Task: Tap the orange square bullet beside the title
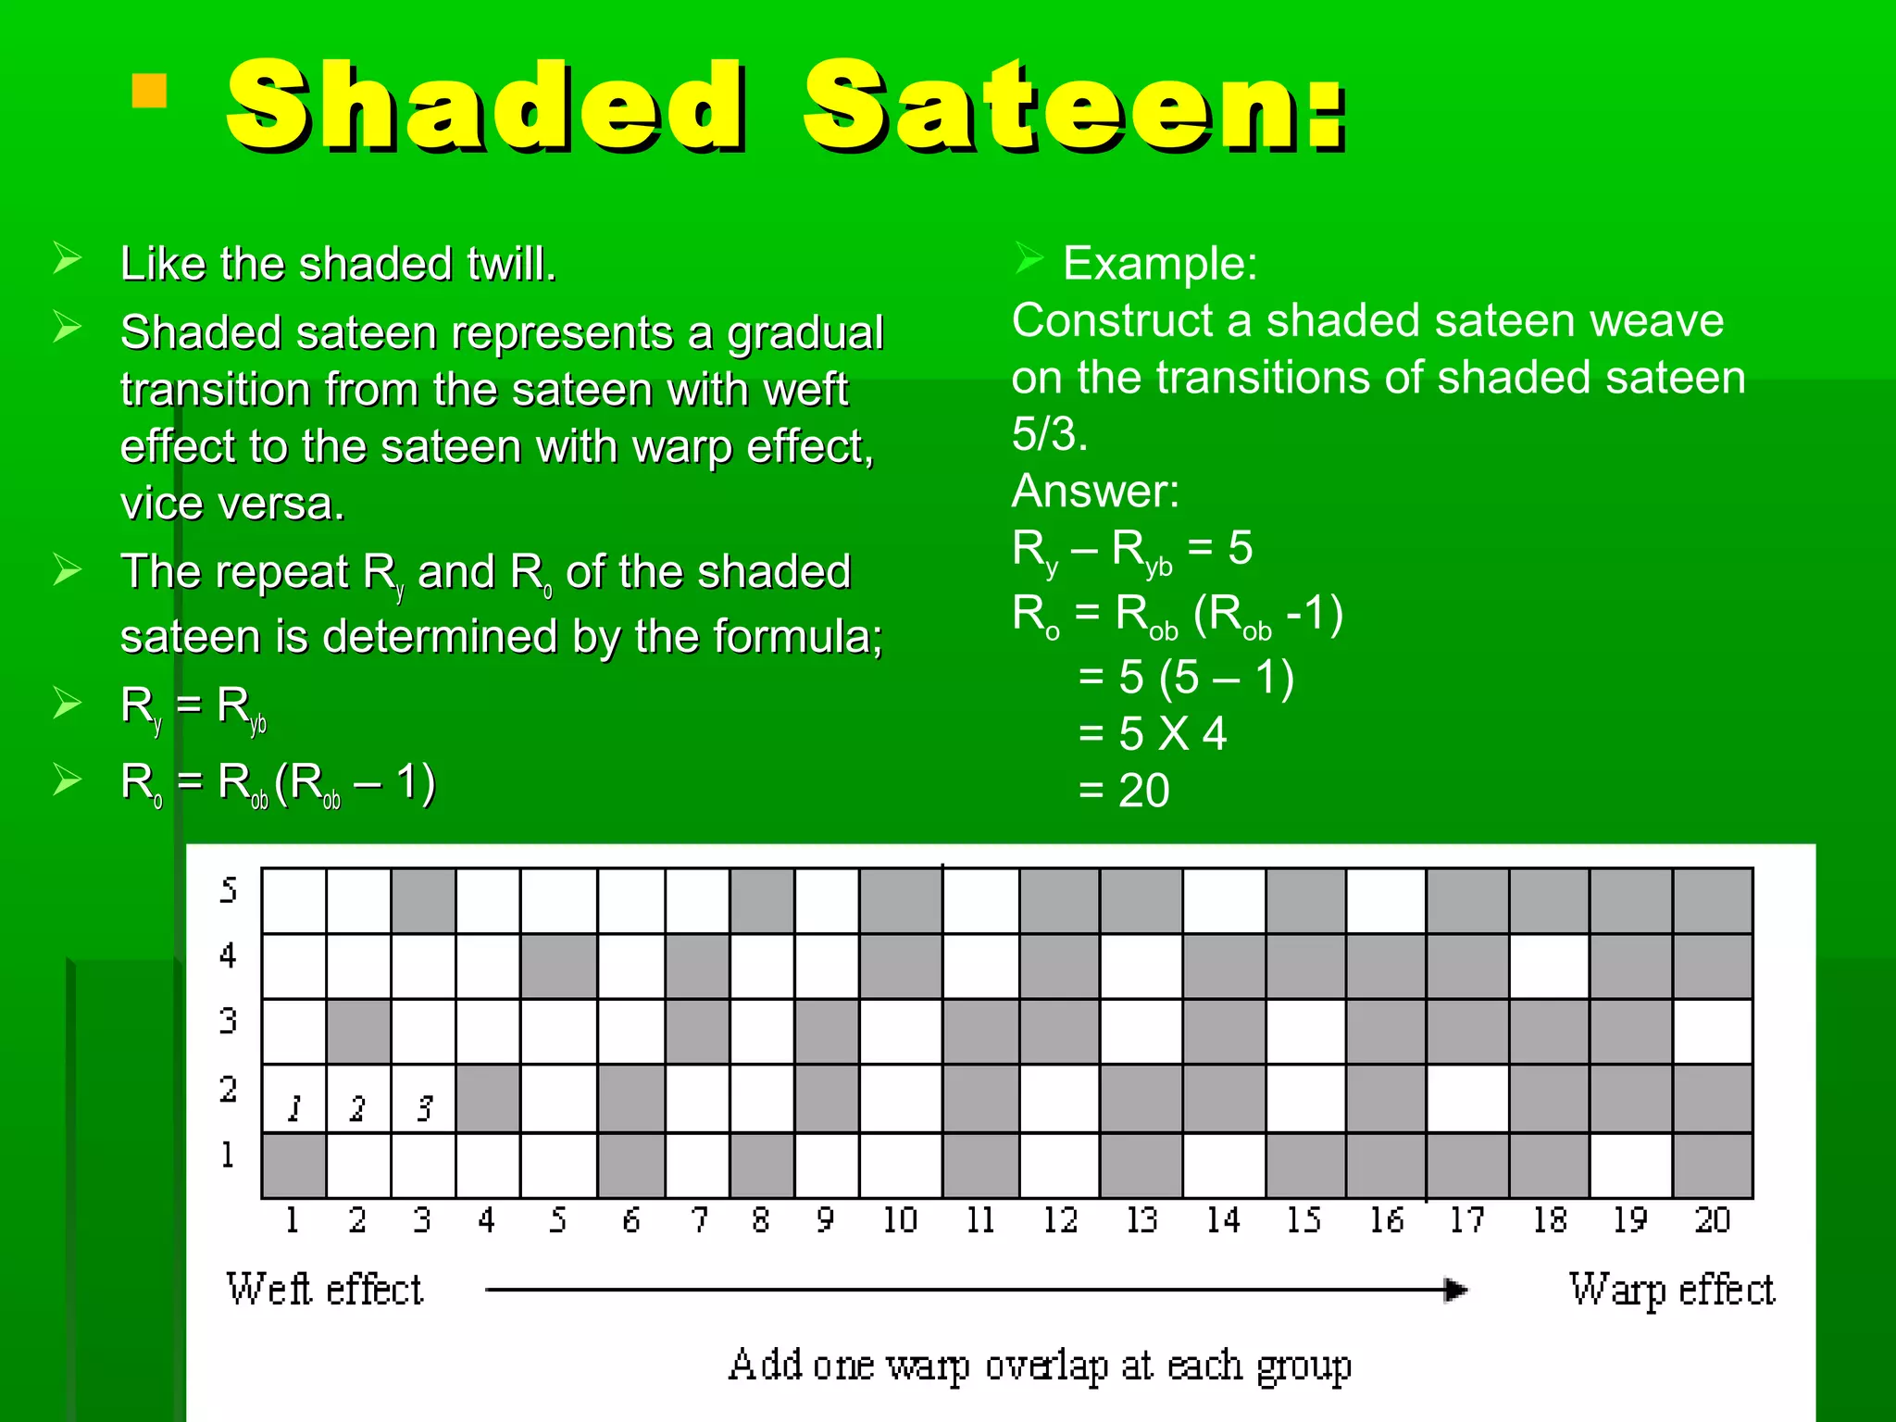[x=149, y=91]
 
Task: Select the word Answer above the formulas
[x=1094, y=491]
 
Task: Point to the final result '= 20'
[x=1124, y=791]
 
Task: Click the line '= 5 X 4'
[x=1153, y=734]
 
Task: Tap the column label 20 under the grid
[x=1713, y=1220]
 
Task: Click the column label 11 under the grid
[x=980, y=1220]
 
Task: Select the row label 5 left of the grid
[x=229, y=891]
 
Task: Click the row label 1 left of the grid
[x=227, y=1154]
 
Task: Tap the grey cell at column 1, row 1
[x=294, y=1166]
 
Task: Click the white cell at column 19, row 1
[x=1631, y=1166]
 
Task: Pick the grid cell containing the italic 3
[x=424, y=1099]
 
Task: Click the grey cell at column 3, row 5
[x=424, y=901]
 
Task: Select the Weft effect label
[x=324, y=1290]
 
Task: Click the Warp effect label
[x=1671, y=1290]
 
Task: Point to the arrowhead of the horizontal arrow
[x=1455, y=1290]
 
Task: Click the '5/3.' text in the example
[x=1049, y=434]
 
